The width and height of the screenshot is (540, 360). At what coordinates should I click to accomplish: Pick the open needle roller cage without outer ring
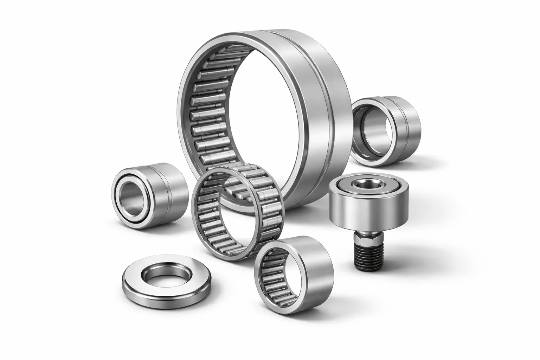[239, 211]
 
